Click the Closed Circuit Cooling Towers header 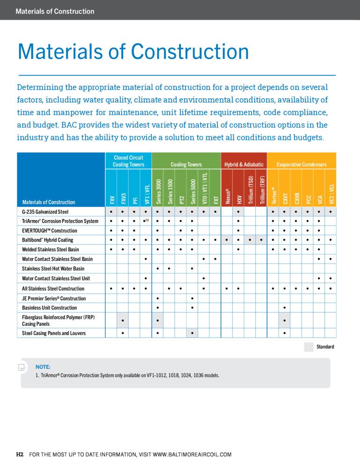tap(128, 161)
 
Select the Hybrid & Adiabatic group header tap(244, 164)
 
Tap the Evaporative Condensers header tap(302, 164)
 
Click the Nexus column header tap(228, 196)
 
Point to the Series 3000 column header tap(158, 191)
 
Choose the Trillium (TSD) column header tap(251, 190)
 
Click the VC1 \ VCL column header tap(331, 194)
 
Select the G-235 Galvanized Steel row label tap(45, 212)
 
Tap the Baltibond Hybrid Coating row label tap(47, 240)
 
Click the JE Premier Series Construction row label tap(54, 299)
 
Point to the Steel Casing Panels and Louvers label tap(54, 333)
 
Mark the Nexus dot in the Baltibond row tap(227, 240)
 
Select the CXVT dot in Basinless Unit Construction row tap(285, 308)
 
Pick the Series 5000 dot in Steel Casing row tap(192, 333)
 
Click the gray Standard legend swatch tap(309, 347)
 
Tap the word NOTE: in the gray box tap(43, 367)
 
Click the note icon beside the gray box tap(22, 367)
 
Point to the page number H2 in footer tap(20, 454)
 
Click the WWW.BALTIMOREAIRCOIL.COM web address tap(192, 454)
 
